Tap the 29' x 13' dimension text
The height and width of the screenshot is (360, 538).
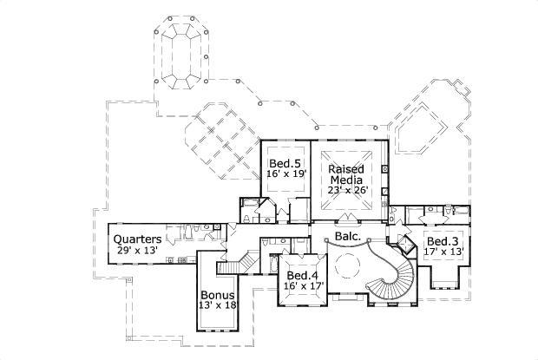click(x=136, y=250)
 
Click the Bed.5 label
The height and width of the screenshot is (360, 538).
click(x=284, y=163)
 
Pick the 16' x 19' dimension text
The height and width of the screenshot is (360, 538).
click(x=284, y=174)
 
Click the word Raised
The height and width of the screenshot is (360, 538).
click(x=345, y=167)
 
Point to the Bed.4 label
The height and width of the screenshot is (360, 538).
click(x=301, y=275)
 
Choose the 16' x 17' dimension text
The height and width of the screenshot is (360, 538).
click(x=301, y=285)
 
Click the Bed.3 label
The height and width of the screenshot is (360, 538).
click(x=442, y=240)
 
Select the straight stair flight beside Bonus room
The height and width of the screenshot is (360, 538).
click(x=247, y=259)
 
